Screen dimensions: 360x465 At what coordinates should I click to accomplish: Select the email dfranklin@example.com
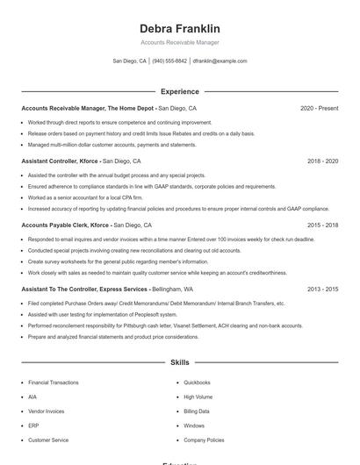point(220,61)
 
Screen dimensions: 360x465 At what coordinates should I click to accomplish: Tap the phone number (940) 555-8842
point(169,61)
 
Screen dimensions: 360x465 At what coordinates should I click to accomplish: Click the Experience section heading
point(179,91)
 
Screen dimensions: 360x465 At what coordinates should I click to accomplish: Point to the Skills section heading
point(179,361)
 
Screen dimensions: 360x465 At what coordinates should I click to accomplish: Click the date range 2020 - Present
point(319,108)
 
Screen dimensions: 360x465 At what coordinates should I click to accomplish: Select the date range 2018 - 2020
point(322,161)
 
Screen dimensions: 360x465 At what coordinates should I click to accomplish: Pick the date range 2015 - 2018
point(322,225)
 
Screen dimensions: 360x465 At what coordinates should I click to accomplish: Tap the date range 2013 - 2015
point(322,289)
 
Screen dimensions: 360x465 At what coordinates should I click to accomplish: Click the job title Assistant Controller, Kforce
point(60,161)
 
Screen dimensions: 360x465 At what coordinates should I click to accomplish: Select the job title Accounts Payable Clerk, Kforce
point(65,225)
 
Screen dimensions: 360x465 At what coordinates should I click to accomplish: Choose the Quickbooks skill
point(197,383)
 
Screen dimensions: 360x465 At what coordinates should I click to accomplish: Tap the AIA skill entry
point(32,397)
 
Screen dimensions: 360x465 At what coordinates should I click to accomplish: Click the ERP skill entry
point(32,426)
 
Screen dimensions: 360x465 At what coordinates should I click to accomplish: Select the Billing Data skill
point(197,411)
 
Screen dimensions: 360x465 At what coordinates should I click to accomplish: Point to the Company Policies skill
point(204,440)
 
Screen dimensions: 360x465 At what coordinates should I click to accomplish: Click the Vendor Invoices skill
point(46,411)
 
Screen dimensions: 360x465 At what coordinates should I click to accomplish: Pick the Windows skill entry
point(194,426)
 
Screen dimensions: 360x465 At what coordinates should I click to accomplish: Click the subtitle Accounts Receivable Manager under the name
point(179,42)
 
